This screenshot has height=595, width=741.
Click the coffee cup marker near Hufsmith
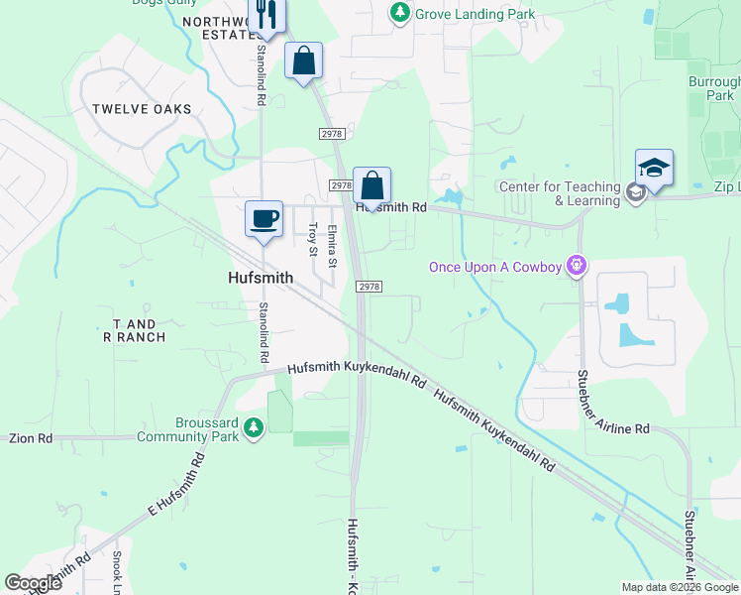265,218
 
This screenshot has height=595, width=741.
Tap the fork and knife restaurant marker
266,13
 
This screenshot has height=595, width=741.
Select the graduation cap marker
654,168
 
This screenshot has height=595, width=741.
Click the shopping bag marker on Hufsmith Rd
371,185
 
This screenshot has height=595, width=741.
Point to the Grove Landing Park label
475,14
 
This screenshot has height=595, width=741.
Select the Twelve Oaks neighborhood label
142,109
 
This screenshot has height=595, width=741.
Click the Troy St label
313,240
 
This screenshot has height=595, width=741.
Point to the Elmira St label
334,246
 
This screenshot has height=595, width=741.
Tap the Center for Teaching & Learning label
559,192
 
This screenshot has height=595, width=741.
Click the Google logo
34,583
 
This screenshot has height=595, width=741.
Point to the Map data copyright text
679,587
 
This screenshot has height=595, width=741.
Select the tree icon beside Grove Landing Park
399,13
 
